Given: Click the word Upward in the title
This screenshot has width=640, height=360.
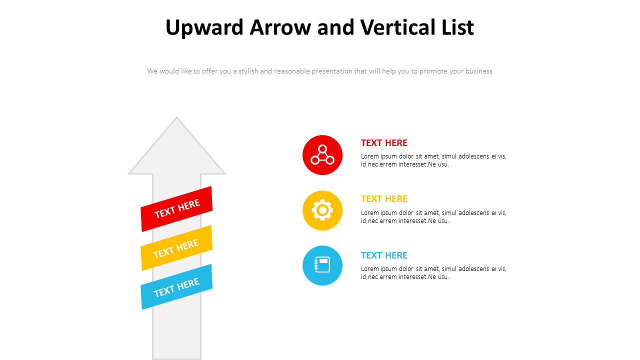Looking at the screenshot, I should pyautogui.click(x=205, y=27).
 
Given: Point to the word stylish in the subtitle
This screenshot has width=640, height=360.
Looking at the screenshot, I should pyautogui.click(x=248, y=71).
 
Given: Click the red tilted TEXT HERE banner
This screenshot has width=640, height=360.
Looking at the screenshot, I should pyautogui.click(x=176, y=209).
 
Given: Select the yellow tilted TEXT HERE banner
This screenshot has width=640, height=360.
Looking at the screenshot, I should pyautogui.click(x=176, y=248).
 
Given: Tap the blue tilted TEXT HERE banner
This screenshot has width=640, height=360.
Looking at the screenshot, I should pyautogui.click(x=176, y=287).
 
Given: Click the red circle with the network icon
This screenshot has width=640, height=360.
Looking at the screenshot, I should pyautogui.click(x=322, y=155).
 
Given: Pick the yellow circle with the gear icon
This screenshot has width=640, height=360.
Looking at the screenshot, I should pyautogui.click(x=322, y=210).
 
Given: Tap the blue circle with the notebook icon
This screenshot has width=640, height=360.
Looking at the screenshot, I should pyautogui.click(x=322, y=265).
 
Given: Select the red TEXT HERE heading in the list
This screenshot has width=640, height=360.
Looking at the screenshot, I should pyautogui.click(x=384, y=143).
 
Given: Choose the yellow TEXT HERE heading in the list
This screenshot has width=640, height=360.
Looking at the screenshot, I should pyautogui.click(x=384, y=199).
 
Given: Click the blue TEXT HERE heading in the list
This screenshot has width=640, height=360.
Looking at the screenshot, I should pyautogui.click(x=384, y=255).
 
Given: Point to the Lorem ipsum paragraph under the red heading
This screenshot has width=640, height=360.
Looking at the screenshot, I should pyautogui.click(x=433, y=160).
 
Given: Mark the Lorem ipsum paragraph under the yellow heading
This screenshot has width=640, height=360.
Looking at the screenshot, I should pyautogui.click(x=433, y=216).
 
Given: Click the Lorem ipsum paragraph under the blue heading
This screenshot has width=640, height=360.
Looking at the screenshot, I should pyautogui.click(x=433, y=272).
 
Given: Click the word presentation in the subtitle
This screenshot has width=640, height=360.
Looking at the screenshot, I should pyautogui.click(x=332, y=71).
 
